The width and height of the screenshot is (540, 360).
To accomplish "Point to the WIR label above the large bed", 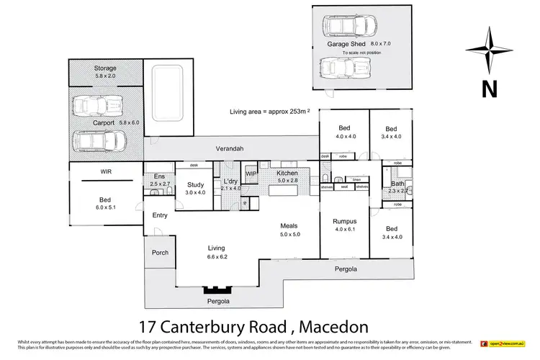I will coord(105,171).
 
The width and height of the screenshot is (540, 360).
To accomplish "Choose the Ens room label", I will coord(158,176).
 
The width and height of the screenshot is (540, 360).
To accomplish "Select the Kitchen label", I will coord(288,174).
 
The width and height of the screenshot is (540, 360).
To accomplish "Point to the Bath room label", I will coord(397,184).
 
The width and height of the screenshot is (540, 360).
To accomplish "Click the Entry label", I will coord(160,215).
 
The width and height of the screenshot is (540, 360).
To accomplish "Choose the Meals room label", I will coord(290,226).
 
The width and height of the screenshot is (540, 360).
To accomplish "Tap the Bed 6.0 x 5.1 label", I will coord(105,204).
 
